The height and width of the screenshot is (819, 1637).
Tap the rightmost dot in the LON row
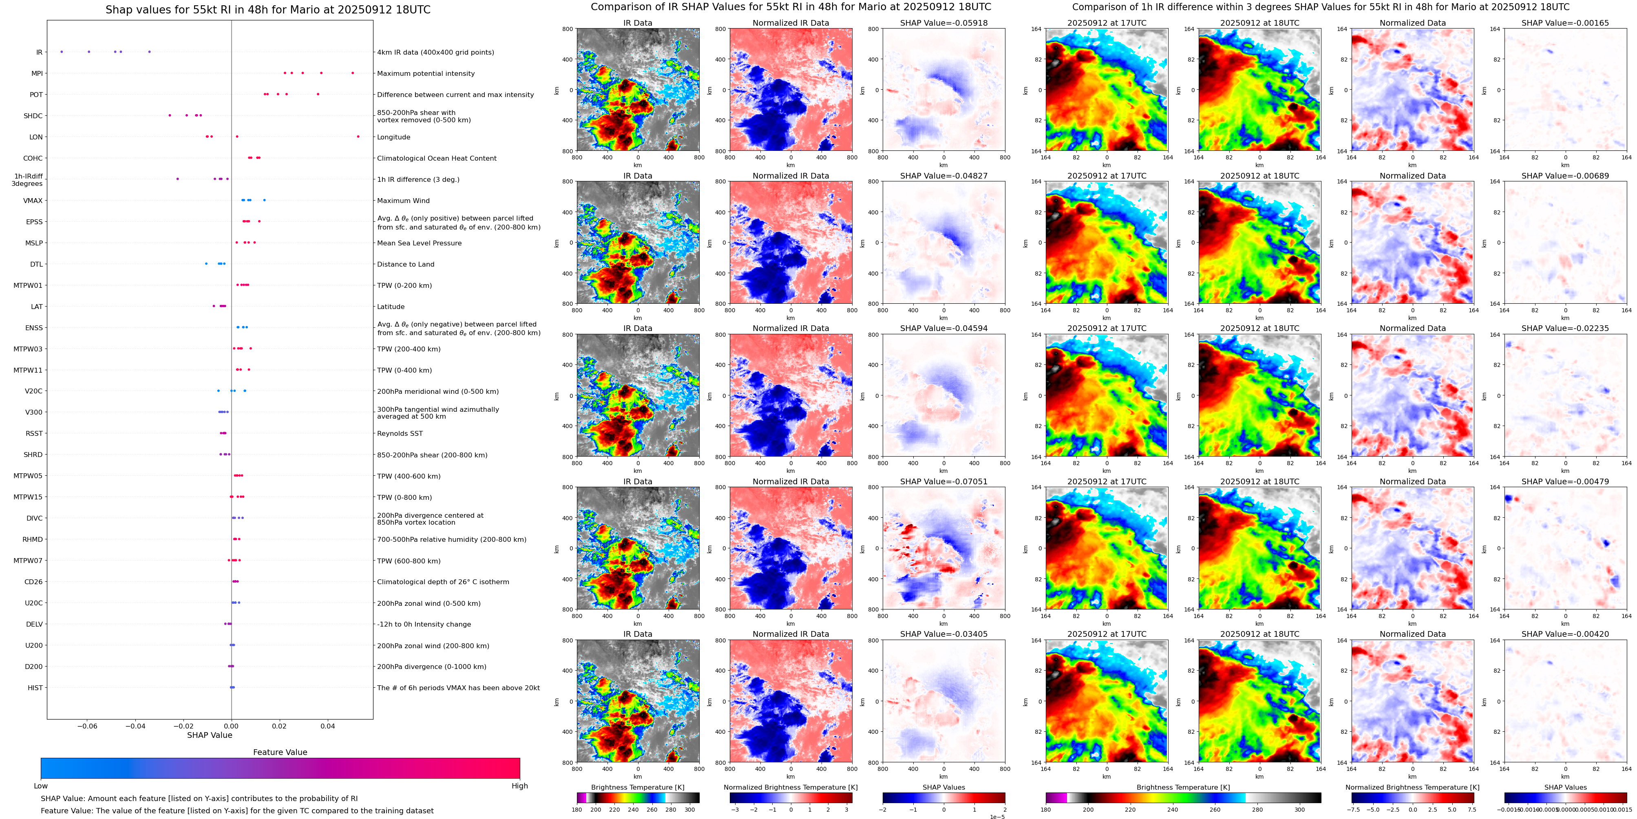pos(358,137)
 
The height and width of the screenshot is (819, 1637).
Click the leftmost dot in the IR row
pos(61,51)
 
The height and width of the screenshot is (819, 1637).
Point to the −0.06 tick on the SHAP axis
pos(87,726)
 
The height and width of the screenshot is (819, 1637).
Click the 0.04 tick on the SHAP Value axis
pos(327,726)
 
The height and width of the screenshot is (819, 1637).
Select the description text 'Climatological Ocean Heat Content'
pos(437,158)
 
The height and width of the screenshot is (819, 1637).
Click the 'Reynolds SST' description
pos(400,433)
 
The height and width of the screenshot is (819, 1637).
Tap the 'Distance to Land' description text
pos(405,264)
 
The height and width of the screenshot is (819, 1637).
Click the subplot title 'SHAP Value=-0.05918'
pos(944,23)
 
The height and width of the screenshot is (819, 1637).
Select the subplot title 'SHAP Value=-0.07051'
pos(944,481)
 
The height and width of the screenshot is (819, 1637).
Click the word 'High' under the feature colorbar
pos(519,786)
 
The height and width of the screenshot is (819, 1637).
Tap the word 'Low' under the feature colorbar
pos(41,786)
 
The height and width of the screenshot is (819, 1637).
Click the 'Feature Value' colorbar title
pos(280,752)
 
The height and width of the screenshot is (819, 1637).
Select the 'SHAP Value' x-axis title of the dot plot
pos(209,735)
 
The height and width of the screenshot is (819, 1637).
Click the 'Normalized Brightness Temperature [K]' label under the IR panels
pos(791,787)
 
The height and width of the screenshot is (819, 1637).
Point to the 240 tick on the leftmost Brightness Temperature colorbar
pos(633,810)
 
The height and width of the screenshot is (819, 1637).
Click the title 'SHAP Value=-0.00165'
pos(1565,23)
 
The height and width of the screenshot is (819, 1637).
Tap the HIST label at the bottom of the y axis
pos(35,687)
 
